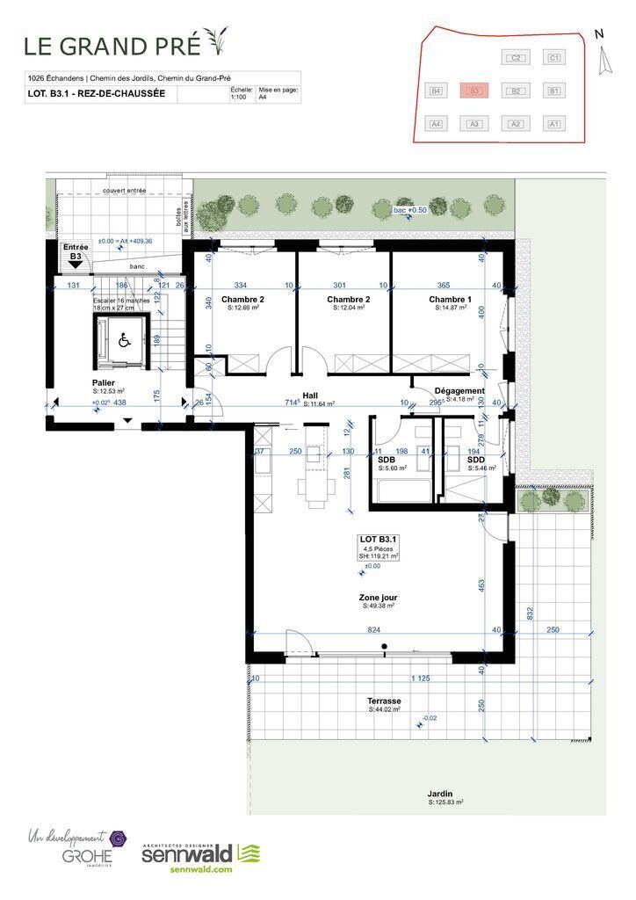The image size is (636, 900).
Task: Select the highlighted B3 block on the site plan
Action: pyautogui.click(x=473, y=91)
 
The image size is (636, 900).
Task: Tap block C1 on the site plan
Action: pyautogui.click(x=553, y=58)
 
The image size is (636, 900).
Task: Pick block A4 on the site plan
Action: pyautogui.click(x=435, y=124)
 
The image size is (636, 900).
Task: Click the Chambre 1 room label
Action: pyautogui.click(x=450, y=300)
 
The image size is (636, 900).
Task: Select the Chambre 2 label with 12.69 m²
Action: pyautogui.click(x=243, y=300)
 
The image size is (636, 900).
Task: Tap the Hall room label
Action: pyautogui.click(x=310, y=396)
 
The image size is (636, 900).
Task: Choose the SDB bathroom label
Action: pyautogui.click(x=387, y=460)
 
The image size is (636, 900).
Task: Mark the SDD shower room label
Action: pyautogui.click(x=475, y=460)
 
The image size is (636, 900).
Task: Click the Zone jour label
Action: pyautogui.click(x=378, y=596)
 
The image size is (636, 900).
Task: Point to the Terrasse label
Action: pyautogui.click(x=385, y=700)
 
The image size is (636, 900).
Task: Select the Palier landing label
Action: pyautogui.click(x=105, y=383)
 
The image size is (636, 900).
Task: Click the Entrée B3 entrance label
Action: pyautogui.click(x=75, y=252)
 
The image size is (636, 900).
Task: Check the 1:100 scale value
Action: pyautogui.click(x=237, y=98)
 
